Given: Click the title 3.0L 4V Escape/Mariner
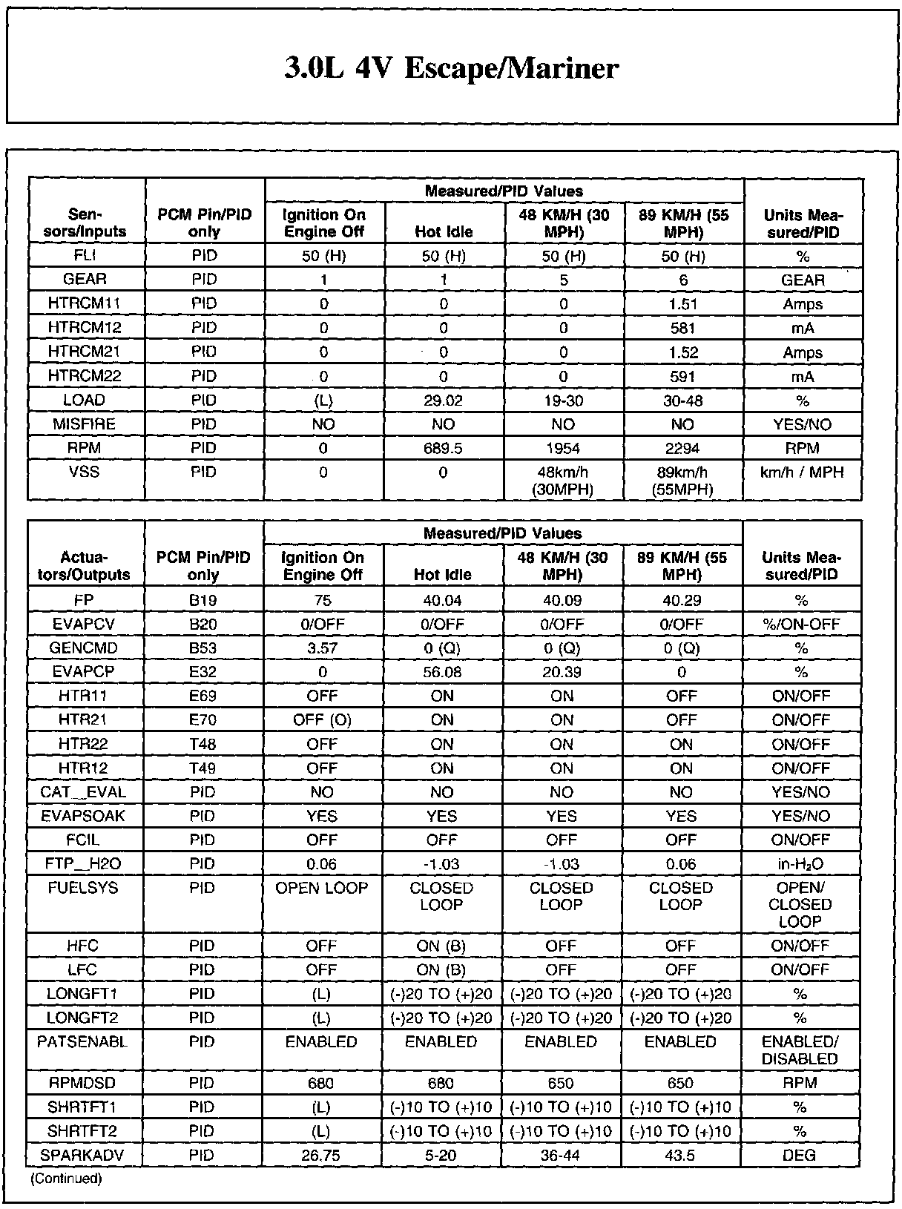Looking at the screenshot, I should click(x=451, y=68).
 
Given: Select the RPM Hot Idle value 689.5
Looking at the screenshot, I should click(x=443, y=448).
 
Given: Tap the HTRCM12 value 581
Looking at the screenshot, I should click(x=682, y=328).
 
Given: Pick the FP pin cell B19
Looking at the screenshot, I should click(x=203, y=600).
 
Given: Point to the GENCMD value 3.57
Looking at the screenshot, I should click(x=323, y=648).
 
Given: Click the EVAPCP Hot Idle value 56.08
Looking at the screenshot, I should click(x=442, y=672).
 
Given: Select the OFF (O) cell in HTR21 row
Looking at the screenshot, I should click(x=323, y=719).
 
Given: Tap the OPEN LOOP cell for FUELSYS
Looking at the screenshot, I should click(x=323, y=888).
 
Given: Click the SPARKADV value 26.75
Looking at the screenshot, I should click(x=322, y=1155).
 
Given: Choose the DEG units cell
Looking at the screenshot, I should click(x=800, y=1155).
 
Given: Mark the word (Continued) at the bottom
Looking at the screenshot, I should click(x=66, y=1178).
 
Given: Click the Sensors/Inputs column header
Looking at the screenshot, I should click(x=86, y=223).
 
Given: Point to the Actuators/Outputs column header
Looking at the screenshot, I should click(x=86, y=565).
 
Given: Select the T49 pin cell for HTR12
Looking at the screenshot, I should click(x=203, y=768).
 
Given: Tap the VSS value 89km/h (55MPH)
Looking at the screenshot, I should click(x=682, y=481).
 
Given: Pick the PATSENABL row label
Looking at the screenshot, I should click(x=82, y=1042).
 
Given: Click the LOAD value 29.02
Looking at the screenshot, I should click(x=443, y=401).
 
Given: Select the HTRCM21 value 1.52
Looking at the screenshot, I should click(x=682, y=352).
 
